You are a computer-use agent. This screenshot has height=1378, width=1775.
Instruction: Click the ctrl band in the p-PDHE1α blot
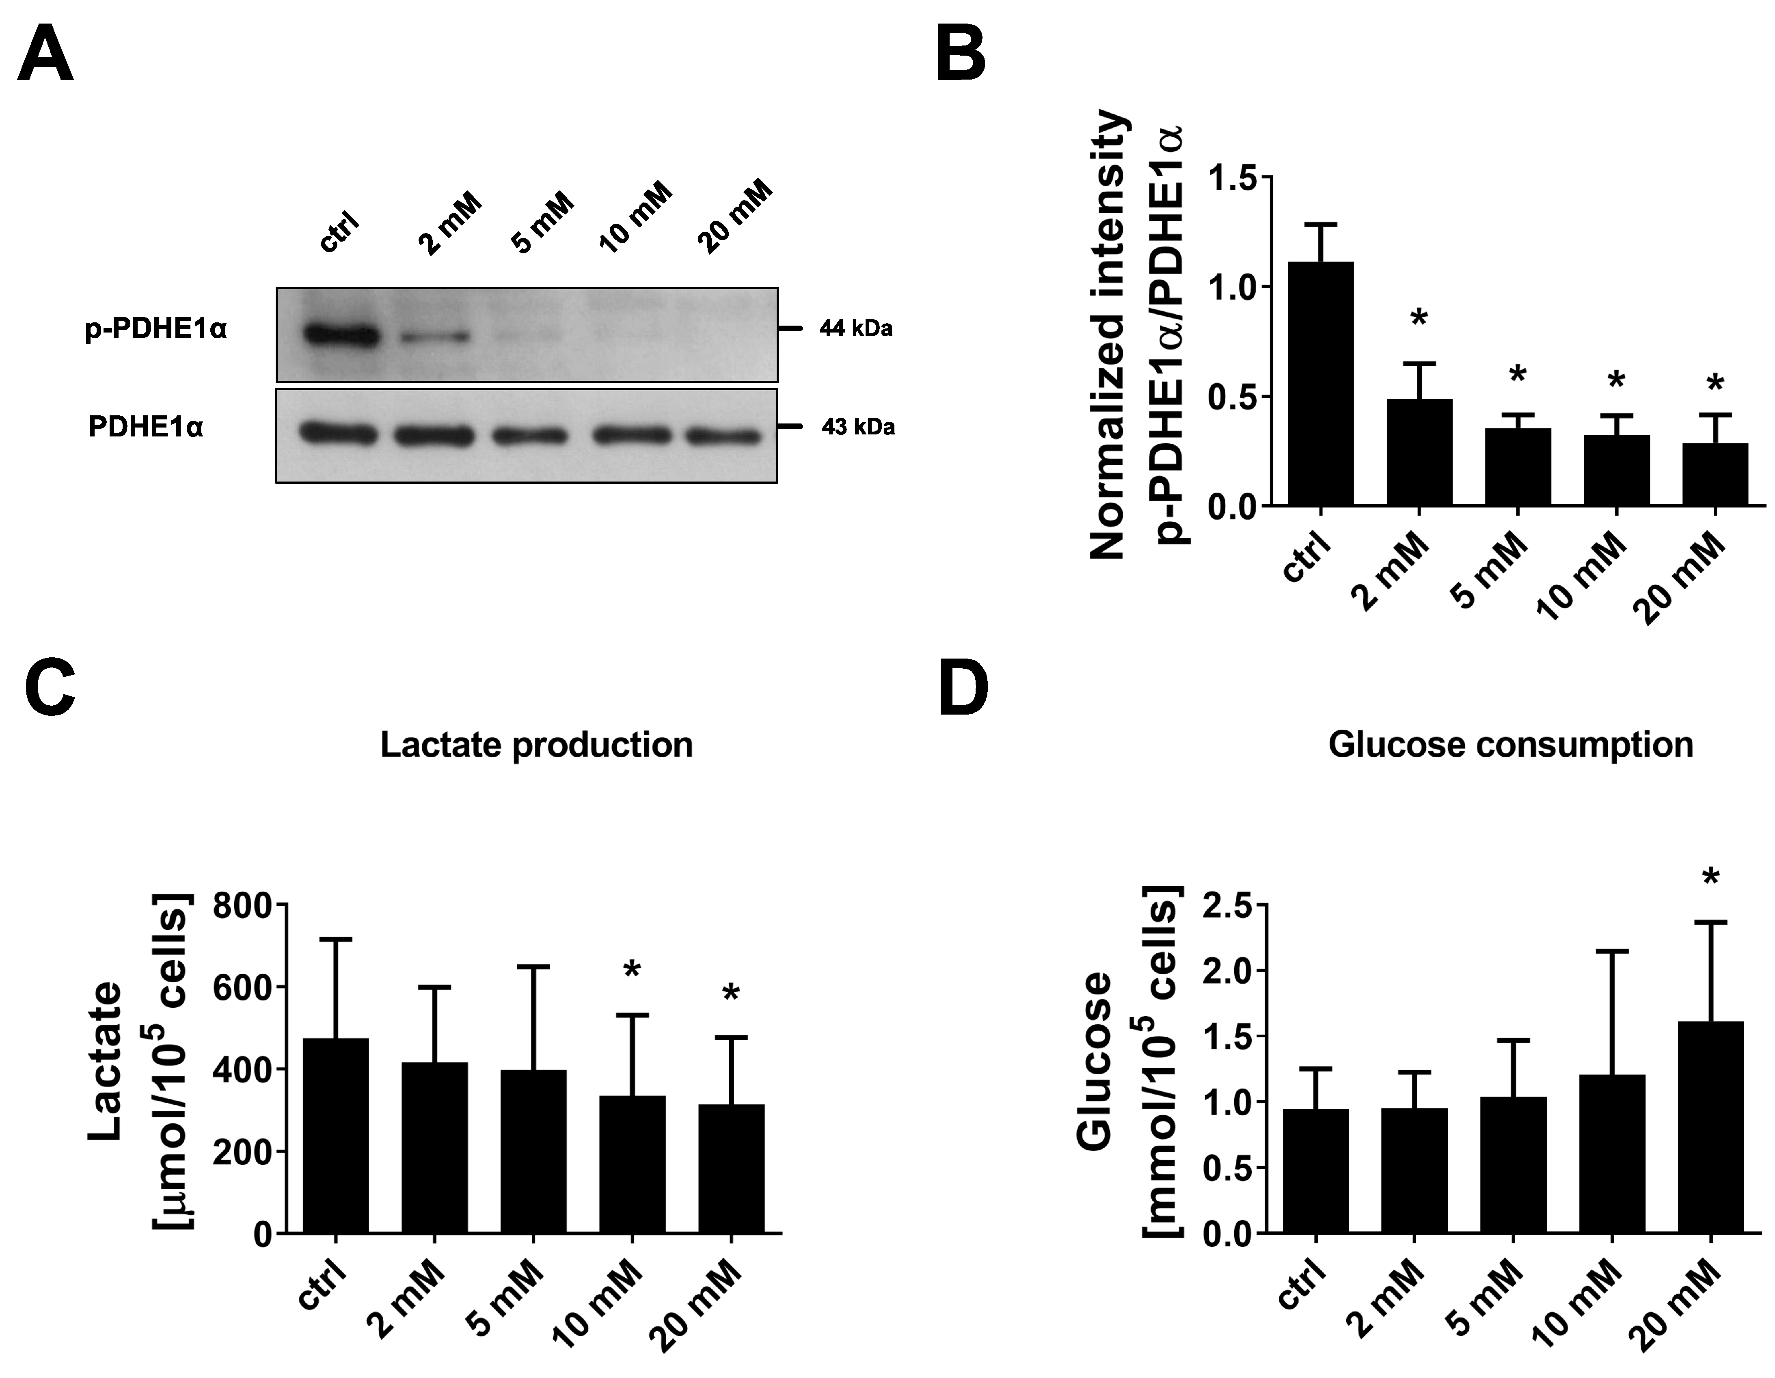(341, 335)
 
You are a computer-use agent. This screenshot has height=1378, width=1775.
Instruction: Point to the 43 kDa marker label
(857, 427)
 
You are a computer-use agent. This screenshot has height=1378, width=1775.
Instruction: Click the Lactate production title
(536, 745)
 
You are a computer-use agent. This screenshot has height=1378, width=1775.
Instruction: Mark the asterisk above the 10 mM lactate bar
(632, 970)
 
